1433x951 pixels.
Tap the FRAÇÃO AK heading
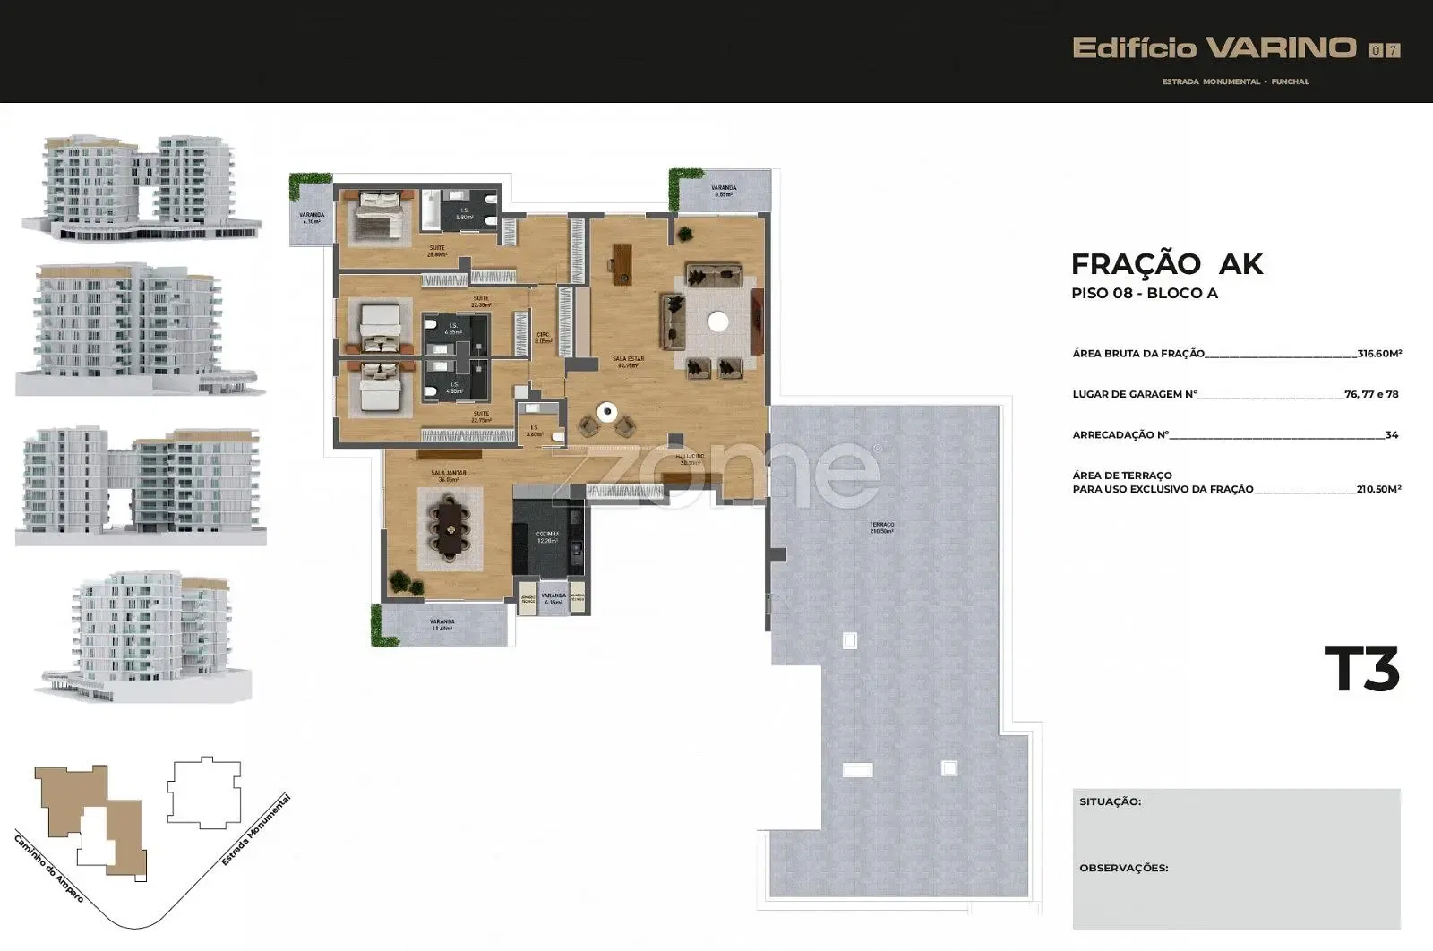[x=1166, y=264]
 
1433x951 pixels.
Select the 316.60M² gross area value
[x=1379, y=354]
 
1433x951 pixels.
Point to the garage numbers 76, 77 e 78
[x=1371, y=394]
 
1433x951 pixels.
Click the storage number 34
[x=1391, y=435]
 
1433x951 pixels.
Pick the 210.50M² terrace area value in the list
[x=1378, y=489]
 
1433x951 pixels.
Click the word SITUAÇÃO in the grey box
[x=1110, y=801]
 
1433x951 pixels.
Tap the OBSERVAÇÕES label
[x=1123, y=868]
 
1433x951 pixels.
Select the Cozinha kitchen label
[x=547, y=536]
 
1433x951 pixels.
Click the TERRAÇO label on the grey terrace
[x=881, y=527]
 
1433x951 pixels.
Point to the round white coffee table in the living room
[x=717, y=321]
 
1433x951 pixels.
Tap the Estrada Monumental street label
[x=256, y=830]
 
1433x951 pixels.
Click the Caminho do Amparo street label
[x=48, y=867]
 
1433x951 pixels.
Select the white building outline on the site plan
[x=204, y=792]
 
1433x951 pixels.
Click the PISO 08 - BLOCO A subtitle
[x=1144, y=294]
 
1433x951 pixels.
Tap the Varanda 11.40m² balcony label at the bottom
[x=442, y=625]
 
